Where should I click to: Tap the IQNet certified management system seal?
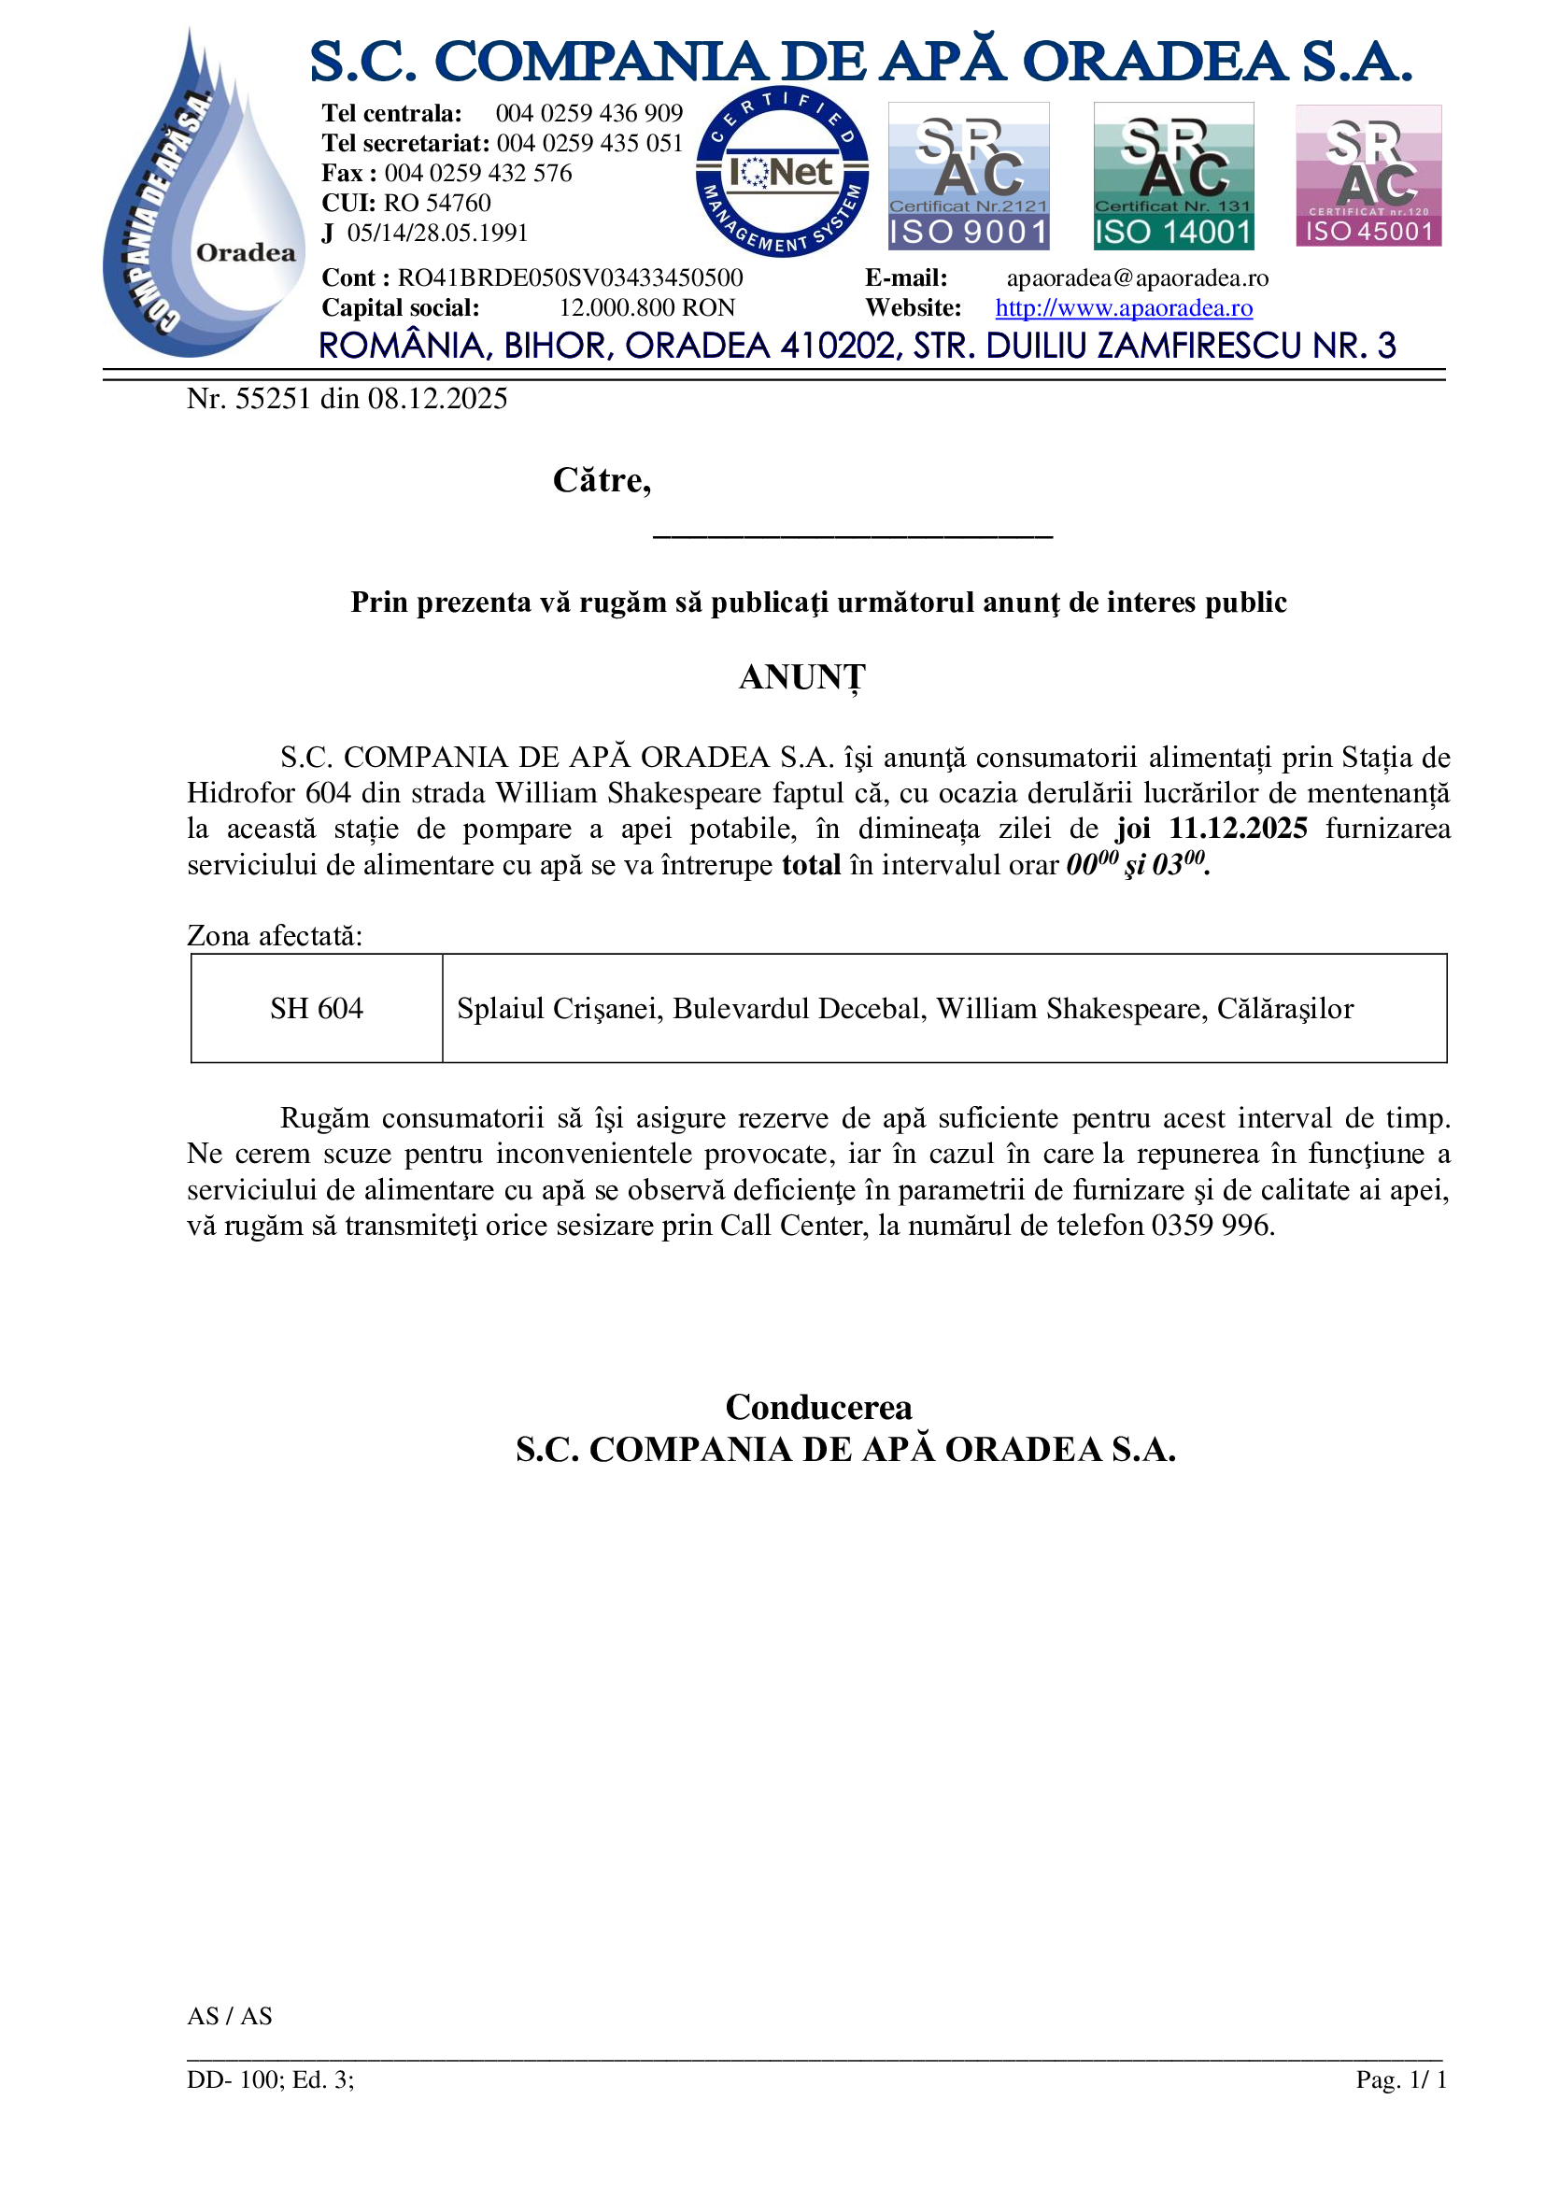782,172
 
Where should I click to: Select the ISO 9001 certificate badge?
969,176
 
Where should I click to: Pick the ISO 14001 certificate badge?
1173,176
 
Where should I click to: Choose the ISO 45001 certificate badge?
1368,176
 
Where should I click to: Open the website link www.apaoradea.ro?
1124,307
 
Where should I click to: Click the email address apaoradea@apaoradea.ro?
1137,277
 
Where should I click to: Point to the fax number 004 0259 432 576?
477,173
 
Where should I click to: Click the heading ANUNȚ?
802,677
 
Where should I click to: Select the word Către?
602,479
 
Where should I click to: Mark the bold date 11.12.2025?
1238,828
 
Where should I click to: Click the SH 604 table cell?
316,1008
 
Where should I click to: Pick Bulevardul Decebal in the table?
800,1008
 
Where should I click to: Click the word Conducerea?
818,1407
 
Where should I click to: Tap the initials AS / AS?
229,2015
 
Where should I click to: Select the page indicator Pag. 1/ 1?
1400,2079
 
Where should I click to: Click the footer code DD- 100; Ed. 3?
270,2079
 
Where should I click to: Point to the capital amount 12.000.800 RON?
647,307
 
